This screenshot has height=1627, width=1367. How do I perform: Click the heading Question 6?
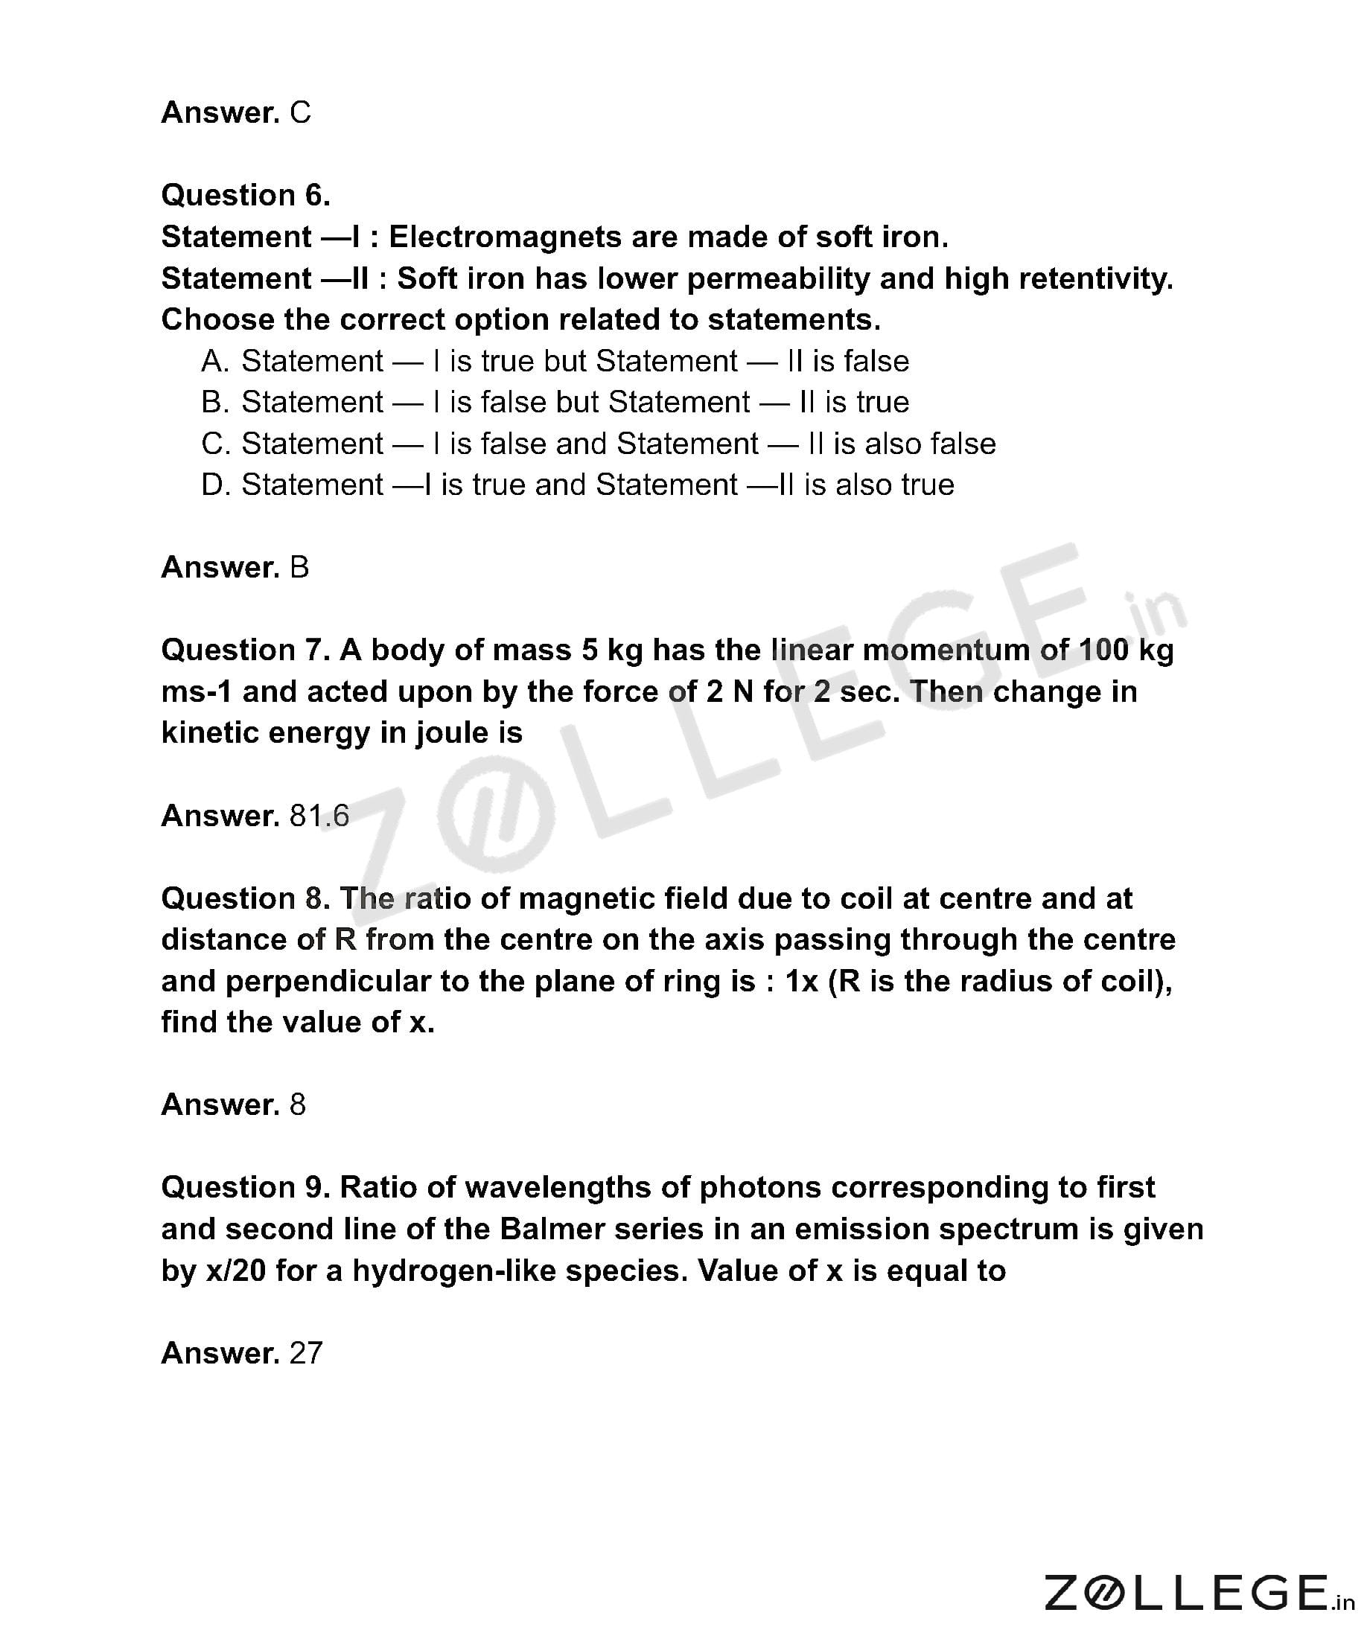tap(246, 195)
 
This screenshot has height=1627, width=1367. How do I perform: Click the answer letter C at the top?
tap(300, 113)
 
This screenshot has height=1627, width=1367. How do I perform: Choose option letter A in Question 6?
tap(214, 361)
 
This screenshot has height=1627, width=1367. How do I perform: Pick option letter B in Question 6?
tap(214, 402)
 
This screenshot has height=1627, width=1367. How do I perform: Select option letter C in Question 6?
tap(214, 444)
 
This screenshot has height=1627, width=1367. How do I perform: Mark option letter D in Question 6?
tap(214, 485)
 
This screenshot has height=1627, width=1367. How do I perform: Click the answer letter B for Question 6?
tap(299, 568)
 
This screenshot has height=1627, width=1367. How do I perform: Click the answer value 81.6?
tap(319, 816)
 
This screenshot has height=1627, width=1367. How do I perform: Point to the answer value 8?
tap(298, 1105)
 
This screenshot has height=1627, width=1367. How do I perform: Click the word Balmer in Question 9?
tap(549, 1230)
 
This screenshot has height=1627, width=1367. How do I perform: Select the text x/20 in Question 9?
tap(235, 1271)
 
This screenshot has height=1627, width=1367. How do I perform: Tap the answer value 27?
tap(305, 1354)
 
